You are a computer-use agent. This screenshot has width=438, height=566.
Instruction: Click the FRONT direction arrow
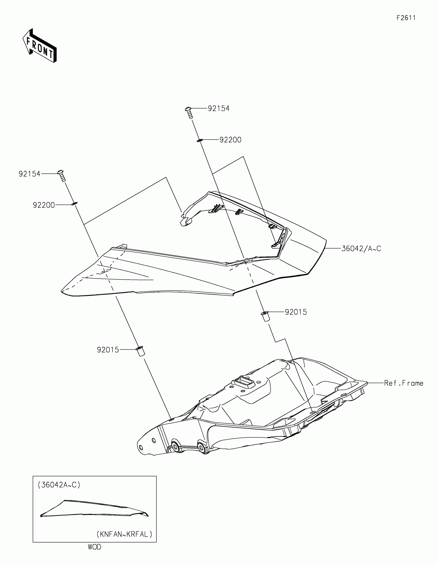(40, 46)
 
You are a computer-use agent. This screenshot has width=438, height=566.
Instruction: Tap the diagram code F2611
(406, 18)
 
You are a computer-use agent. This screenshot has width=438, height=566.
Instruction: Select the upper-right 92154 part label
(218, 108)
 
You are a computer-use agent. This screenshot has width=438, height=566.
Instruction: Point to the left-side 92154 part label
(30, 174)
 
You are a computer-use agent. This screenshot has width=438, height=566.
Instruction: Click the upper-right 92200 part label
(230, 140)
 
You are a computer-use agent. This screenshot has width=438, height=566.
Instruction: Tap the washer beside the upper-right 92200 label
(199, 140)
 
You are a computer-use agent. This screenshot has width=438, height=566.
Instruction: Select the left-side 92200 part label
(44, 205)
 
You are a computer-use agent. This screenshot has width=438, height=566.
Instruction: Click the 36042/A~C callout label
(361, 248)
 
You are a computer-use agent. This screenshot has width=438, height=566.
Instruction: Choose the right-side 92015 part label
(296, 312)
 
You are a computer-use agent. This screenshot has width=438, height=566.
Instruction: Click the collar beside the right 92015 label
(265, 317)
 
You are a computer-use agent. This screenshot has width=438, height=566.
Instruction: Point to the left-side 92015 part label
(108, 350)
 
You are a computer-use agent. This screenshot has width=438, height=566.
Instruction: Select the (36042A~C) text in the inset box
(59, 485)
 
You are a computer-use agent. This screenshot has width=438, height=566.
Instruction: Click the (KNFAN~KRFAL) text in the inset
(124, 534)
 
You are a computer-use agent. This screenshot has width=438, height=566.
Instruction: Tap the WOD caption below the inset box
(95, 547)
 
